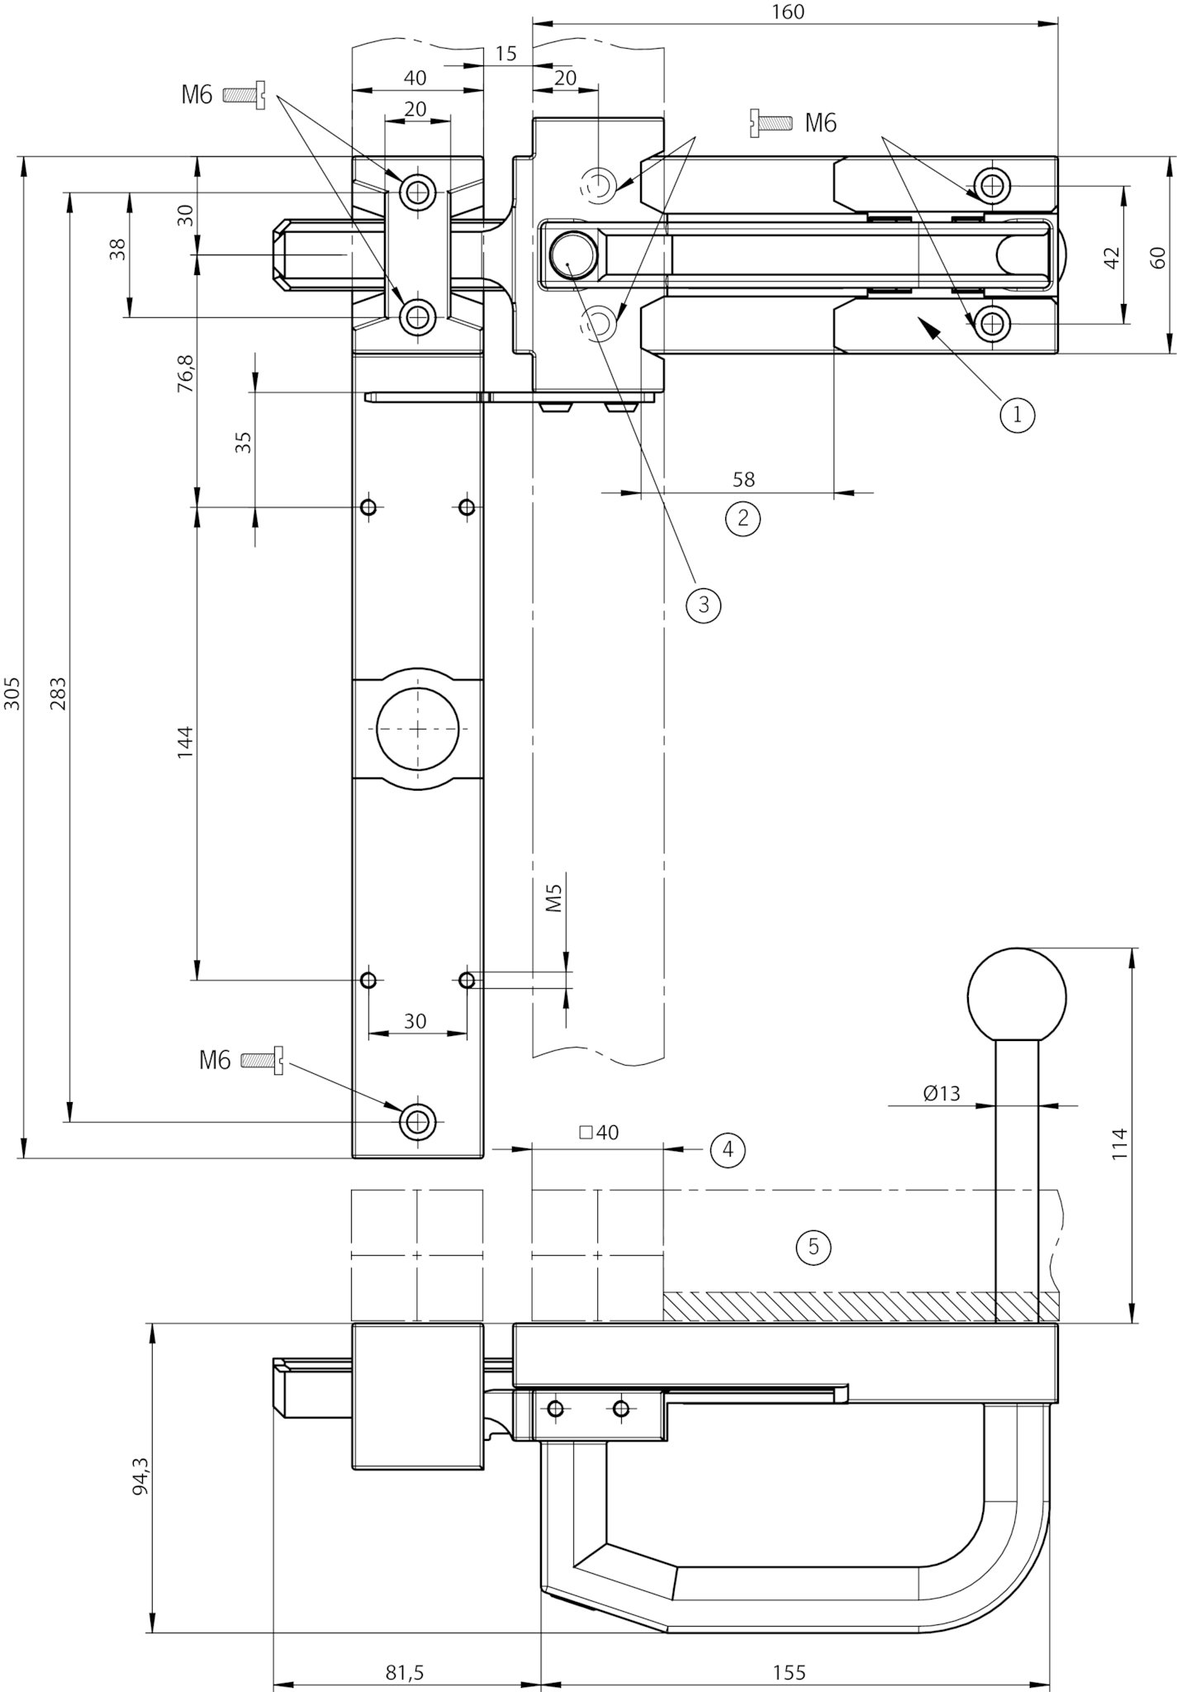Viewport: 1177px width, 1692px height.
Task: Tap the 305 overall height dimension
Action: pyautogui.click(x=12, y=693)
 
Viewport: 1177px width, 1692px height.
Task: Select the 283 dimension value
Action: pyautogui.click(x=57, y=693)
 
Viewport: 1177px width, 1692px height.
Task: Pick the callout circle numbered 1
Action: pyautogui.click(x=1017, y=414)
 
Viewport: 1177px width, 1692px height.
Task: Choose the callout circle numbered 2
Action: pyautogui.click(x=743, y=518)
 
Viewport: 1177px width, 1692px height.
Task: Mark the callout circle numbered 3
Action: pyautogui.click(x=703, y=605)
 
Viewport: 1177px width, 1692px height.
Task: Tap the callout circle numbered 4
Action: pyautogui.click(x=728, y=1148)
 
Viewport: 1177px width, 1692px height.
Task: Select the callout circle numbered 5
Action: pyautogui.click(x=814, y=1246)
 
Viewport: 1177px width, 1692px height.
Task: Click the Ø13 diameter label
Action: pyautogui.click(x=942, y=1093)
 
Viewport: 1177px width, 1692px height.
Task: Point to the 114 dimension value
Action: pyautogui.click(x=1119, y=1143)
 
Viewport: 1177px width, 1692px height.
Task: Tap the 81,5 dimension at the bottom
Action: pyautogui.click(x=405, y=1673)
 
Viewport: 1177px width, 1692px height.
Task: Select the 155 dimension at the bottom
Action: pyautogui.click(x=790, y=1673)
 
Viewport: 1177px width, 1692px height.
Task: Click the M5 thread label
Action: pyautogui.click(x=554, y=897)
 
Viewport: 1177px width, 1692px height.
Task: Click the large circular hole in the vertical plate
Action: pyautogui.click(x=417, y=728)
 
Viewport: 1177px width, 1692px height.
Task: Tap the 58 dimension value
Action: pyautogui.click(x=743, y=479)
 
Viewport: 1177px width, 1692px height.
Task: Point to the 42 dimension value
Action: pyautogui.click(x=1112, y=257)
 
